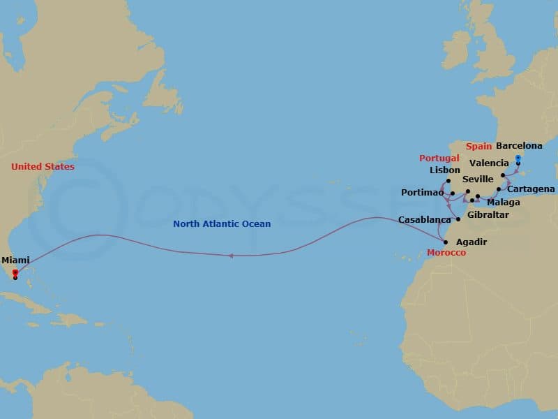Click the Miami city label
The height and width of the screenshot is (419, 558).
(x=15, y=260)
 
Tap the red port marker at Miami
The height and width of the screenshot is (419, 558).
(x=15, y=272)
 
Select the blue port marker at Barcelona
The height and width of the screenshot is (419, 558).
(x=518, y=158)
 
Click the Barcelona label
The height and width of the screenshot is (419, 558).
(x=519, y=146)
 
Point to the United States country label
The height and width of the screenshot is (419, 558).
(x=43, y=167)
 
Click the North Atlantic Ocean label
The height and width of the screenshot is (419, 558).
(x=222, y=224)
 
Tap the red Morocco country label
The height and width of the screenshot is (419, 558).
(x=446, y=252)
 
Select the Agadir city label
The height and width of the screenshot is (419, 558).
(x=471, y=242)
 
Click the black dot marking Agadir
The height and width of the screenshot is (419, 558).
(x=446, y=242)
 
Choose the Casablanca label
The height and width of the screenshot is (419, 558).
(x=424, y=219)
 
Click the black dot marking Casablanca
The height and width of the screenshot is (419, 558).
(x=458, y=219)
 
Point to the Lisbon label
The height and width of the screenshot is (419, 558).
(x=445, y=170)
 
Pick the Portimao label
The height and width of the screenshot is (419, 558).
(x=423, y=193)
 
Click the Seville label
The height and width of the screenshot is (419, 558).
(x=478, y=179)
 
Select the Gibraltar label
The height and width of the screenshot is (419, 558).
(x=488, y=214)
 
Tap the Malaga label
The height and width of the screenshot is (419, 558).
(x=503, y=202)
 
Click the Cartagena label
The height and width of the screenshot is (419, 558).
(x=531, y=189)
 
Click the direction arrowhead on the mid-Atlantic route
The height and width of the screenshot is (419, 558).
(x=230, y=256)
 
